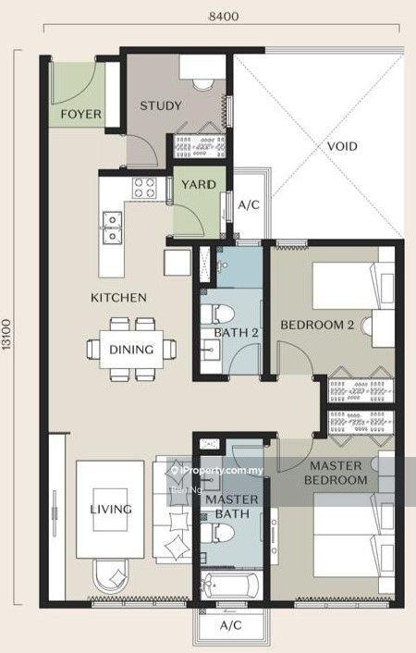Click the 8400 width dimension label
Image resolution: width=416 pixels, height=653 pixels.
click(224, 17)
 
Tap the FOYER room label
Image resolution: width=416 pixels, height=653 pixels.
click(80, 114)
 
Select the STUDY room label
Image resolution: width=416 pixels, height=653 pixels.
click(161, 105)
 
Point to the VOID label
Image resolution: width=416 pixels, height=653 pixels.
click(342, 146)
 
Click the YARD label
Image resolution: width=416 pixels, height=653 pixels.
click(199, 184)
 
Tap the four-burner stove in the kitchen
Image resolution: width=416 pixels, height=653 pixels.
click(144, 188)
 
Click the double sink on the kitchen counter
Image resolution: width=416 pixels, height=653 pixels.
click(113, 227)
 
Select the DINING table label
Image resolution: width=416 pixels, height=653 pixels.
click(131, 350)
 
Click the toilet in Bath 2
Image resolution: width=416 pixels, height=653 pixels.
click(217, 314)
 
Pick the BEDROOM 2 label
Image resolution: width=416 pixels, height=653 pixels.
click(317, 325)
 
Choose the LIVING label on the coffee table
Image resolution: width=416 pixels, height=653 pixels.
click(111, 509)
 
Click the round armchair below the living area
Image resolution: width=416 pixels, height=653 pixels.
click(111, 575)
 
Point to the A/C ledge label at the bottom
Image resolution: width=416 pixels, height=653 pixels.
click(231, 625)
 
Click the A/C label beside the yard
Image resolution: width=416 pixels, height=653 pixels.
click(249, 205)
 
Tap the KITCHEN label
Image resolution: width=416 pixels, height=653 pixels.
click(118, 298)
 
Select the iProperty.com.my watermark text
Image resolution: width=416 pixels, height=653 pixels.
click(217, 471)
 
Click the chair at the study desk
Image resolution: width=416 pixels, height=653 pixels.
click(203, 84)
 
